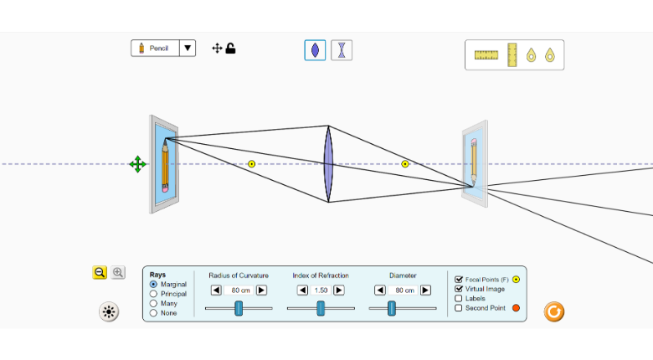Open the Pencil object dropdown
188,49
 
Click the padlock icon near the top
231,49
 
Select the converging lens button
315,50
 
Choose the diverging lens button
342,50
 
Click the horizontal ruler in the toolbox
486,55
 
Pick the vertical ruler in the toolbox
512,55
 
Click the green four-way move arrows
138,164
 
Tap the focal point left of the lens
251,164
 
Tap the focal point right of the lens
405,164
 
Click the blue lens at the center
328,164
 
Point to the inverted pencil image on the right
474,162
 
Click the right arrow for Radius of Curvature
261,291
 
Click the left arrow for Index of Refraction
301,291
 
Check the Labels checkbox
459,298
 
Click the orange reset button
553,312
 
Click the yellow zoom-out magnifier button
100,272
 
